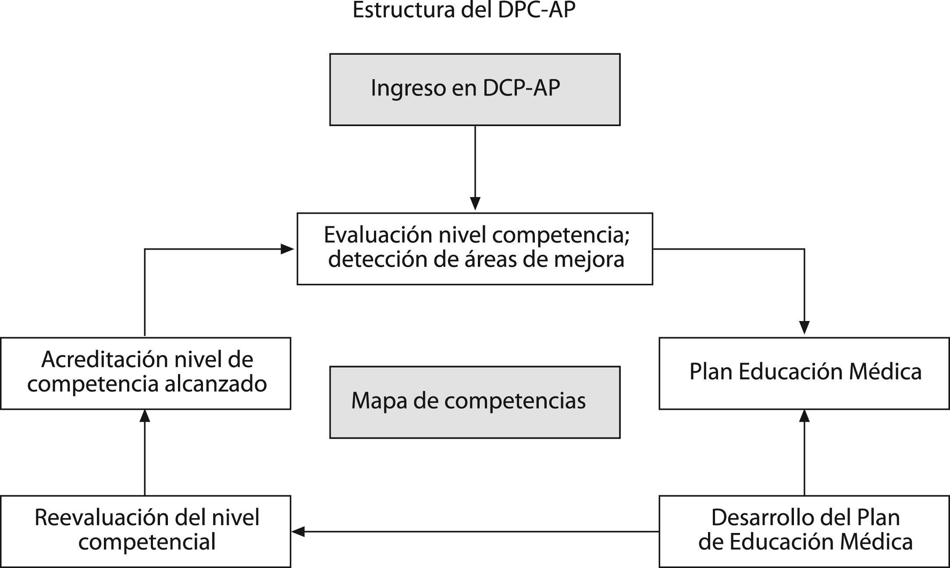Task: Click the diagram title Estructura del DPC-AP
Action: click(463, 11)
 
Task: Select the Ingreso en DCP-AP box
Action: click(475, 90)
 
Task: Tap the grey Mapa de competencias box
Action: click(475, 402)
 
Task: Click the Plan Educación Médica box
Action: click(804, 373)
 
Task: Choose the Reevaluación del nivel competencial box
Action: click(146, 531)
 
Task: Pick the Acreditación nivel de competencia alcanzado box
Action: click(146, 373)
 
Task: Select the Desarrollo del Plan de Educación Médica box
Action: click(804, 531)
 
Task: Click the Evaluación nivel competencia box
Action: click(475, 249)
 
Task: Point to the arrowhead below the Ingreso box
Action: click(475, 204)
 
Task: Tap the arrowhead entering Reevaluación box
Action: click(299, 532)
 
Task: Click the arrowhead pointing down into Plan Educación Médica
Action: click(804, 328)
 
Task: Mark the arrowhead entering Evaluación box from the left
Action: click(287, 249)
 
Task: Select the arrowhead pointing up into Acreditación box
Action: click(145, 416)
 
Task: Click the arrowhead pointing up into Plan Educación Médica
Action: click(804, 416)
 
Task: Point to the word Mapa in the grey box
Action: click(373, 400)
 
